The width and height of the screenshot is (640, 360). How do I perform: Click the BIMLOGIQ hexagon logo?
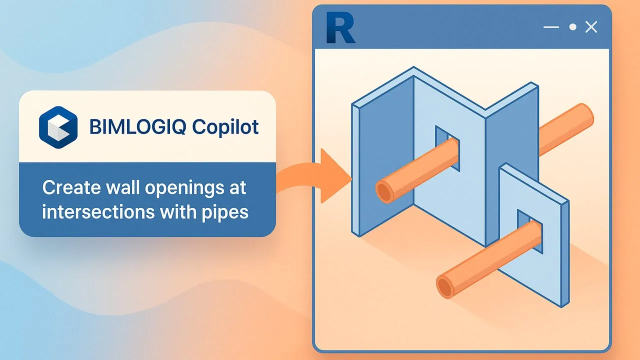point(58,127)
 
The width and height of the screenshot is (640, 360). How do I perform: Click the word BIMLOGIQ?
point(137,127)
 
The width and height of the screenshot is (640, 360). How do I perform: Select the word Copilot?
point(225,127)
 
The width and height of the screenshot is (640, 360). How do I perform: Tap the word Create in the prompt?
point(71,187)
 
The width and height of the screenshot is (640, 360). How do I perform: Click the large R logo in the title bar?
point(340,27)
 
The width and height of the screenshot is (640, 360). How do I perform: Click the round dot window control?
point(573,27)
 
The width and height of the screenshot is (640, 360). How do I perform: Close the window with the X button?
point(591,27)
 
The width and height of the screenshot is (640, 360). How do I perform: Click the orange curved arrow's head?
point(334,176)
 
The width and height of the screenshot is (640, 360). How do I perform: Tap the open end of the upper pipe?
point(384,192)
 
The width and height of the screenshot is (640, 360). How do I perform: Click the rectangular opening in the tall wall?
point(447,148)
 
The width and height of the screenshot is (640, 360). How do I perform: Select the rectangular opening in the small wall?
point(529,231)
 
